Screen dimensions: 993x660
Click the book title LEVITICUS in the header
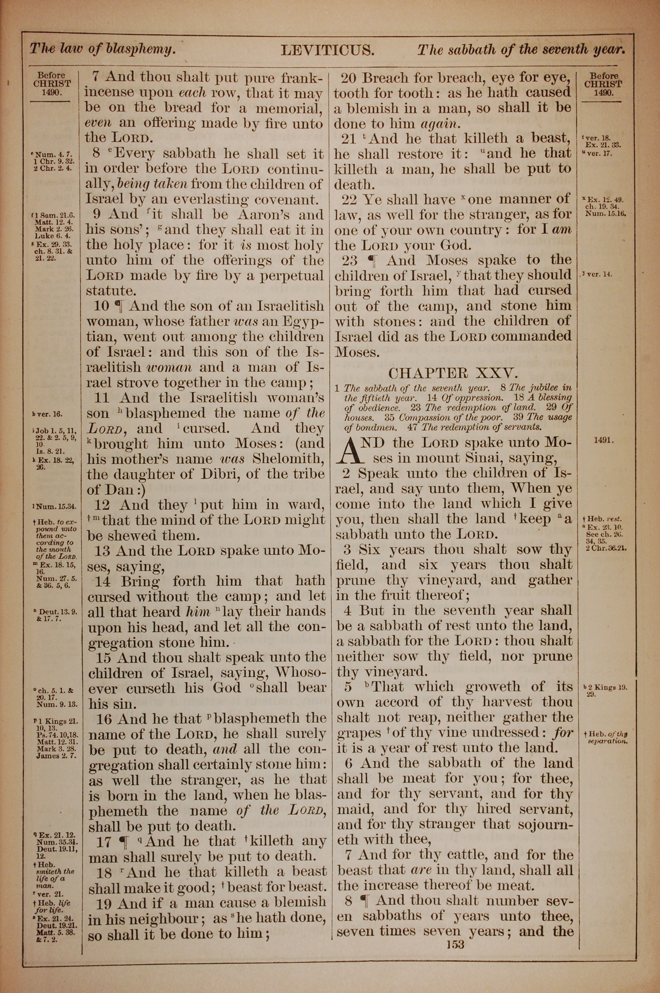click(327, 51)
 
